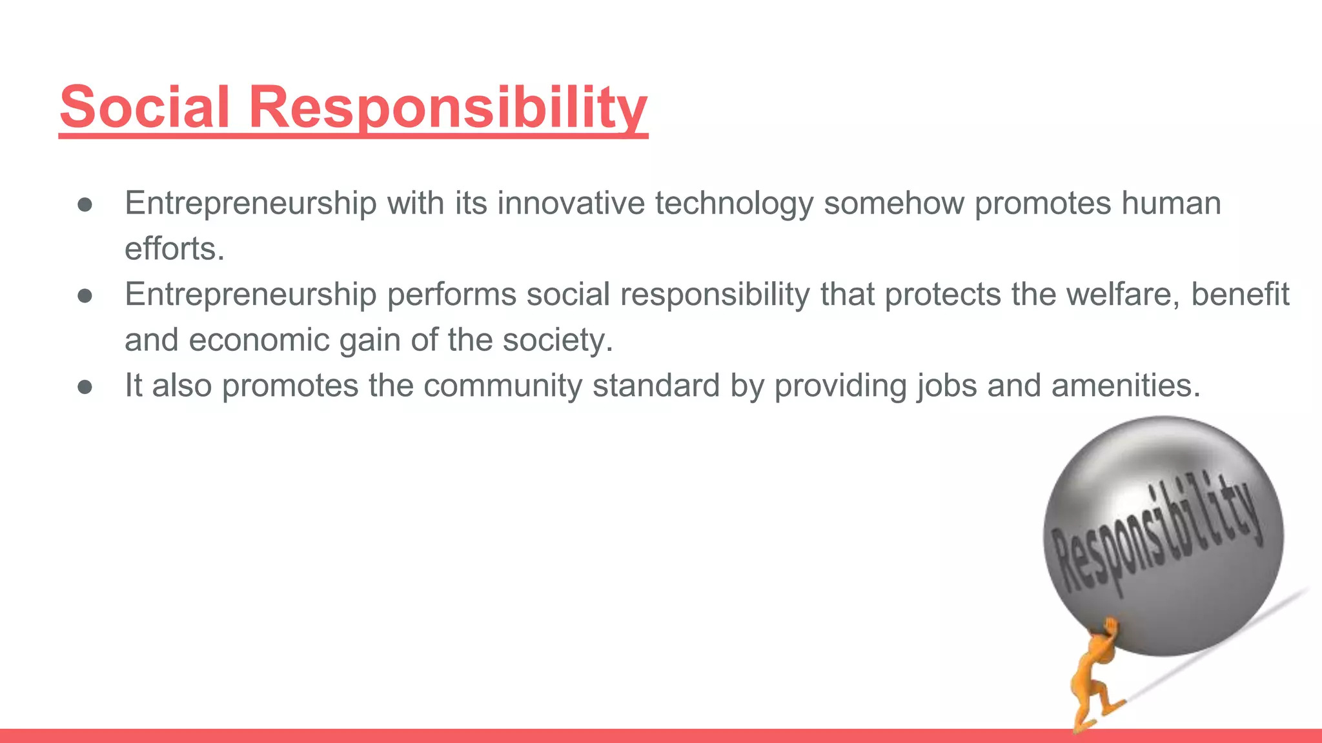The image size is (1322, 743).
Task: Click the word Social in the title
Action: pos(145,106)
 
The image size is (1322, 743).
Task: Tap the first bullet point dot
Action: pos(85,204)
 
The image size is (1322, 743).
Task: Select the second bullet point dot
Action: pos(85,295)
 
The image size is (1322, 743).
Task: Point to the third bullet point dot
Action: pos(85,386)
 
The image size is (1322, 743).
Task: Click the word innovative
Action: pos(571,203)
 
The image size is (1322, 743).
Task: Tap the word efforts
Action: pos(173,249)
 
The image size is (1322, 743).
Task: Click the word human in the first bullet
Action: pos(1171,203)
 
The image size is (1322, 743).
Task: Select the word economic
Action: pos(259,340)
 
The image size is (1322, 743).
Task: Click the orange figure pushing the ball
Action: pos(1097,677)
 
